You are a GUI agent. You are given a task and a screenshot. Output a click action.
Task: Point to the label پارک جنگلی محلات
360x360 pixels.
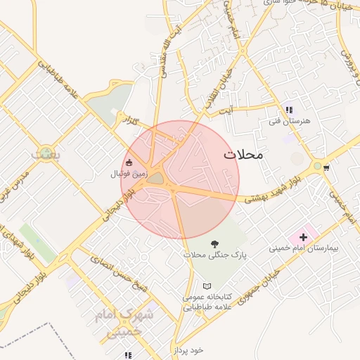point(214,255)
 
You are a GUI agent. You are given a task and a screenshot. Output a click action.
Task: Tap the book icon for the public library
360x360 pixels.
point(206,286)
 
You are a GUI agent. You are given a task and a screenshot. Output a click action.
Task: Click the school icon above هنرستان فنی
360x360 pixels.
point(288,110)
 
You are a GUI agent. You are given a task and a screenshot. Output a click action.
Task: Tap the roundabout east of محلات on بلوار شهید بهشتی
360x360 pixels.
point(319,167)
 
